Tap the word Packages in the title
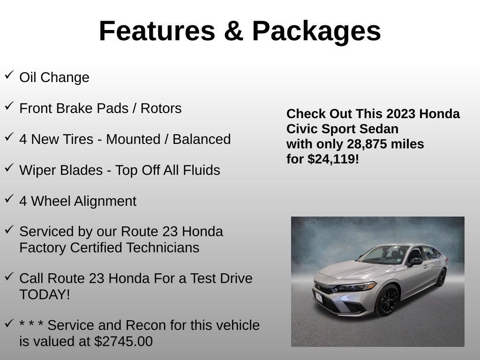point(316,31)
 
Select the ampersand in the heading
point(233,31)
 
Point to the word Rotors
point(161,108)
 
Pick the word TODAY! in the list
point(45,295)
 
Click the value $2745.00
point(123,341)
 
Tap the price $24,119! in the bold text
point(333,159)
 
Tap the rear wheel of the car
point(441,277)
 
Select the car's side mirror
point(415,262)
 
